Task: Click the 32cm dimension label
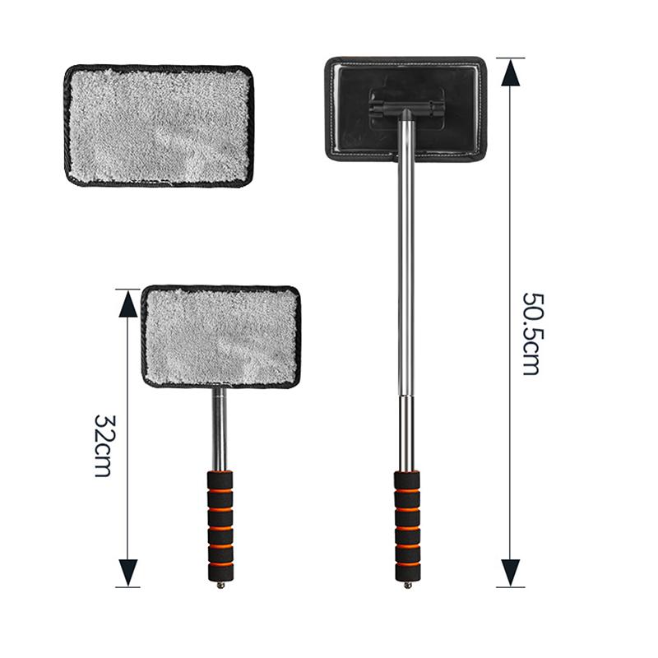[x=104, y=446]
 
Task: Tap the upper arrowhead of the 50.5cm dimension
[x=510, y=72]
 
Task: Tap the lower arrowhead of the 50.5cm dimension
[x=510, y=572]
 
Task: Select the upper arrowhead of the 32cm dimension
[x=128, y=304]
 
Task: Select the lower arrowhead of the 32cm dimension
[x=128, y=572]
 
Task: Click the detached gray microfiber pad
[x=159, y=126]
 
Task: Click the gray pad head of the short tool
[x=220, y=336]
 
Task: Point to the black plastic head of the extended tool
[x=405, y=109]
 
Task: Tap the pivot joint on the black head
[x=405, y=109]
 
